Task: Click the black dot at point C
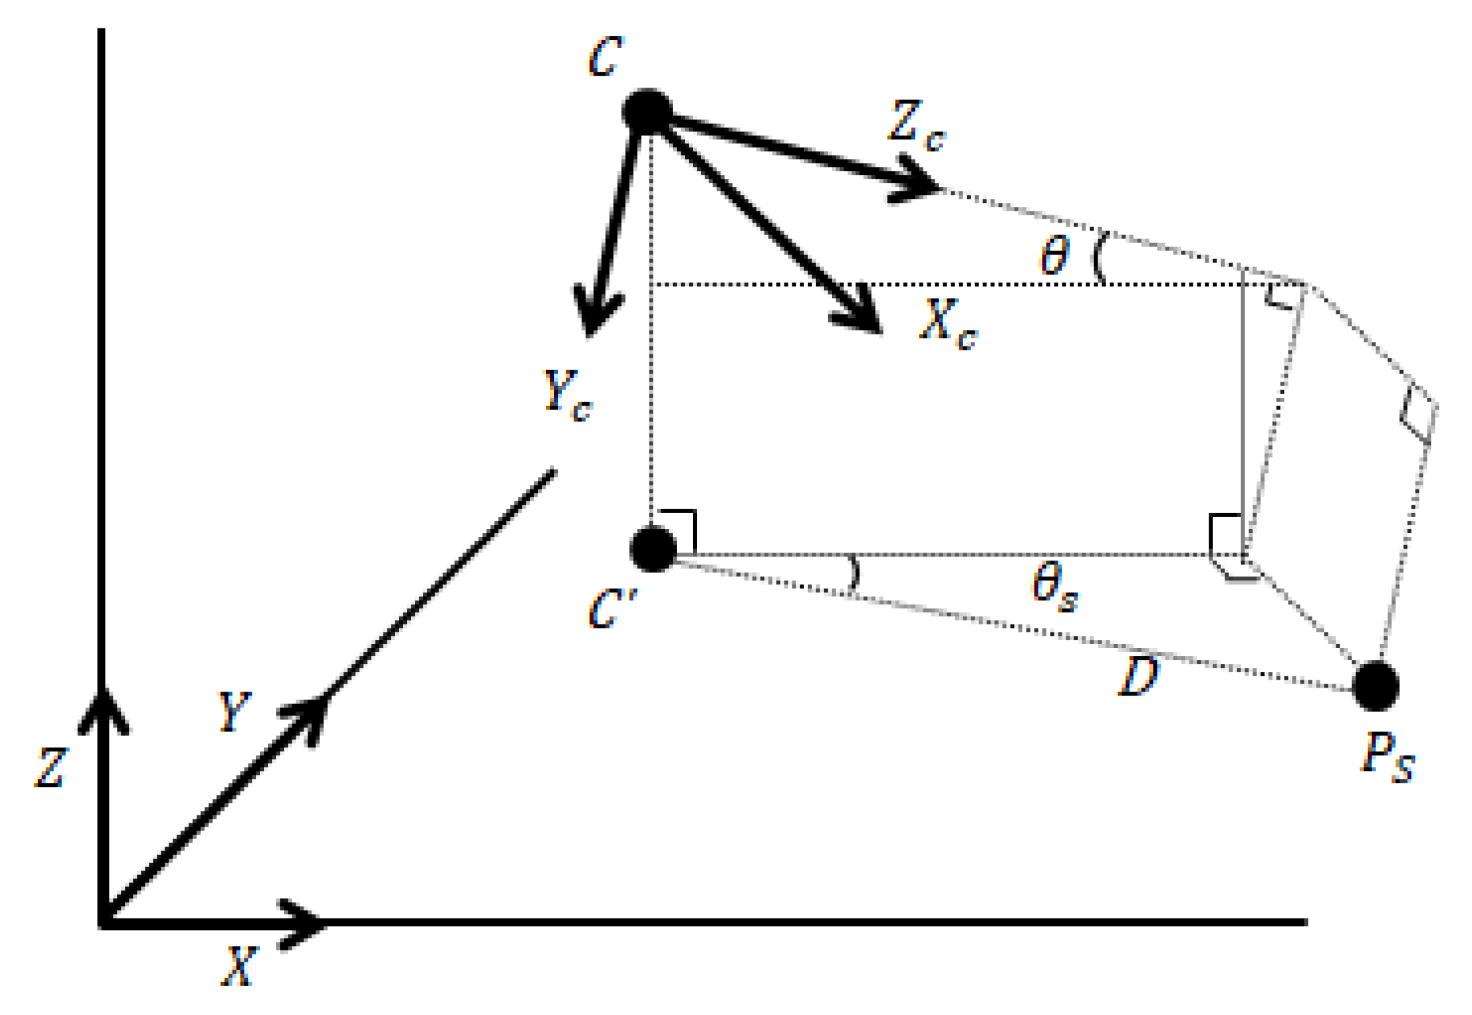(x=647, y=112)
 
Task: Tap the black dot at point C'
(x=653, y=548)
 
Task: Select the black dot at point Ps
(x=1375, y=686)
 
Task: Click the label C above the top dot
(x=605, y=57)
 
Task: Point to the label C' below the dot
(x=611, y=609)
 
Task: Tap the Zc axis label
(x=916, y=125)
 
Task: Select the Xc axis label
(x=947, y=323)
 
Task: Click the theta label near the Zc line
(x=1054, y=256)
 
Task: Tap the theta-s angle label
(x=1054, y=585)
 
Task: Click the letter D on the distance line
(x=1139, y=676)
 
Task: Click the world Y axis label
(x=234, y=712)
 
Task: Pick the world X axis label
(x=238, y=966)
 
